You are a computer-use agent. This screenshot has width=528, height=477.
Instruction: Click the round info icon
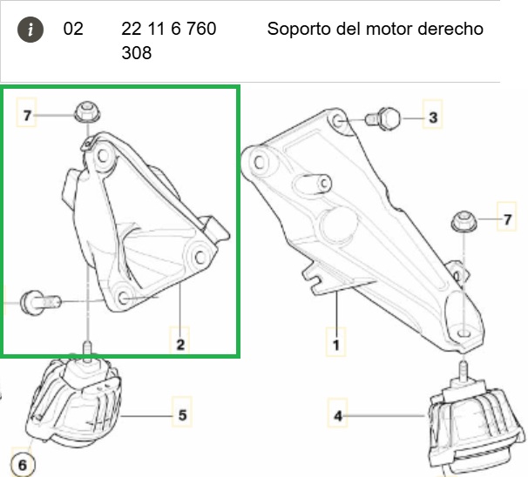[30, 30]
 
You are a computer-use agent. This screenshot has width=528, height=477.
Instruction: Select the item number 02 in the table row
[73, 29]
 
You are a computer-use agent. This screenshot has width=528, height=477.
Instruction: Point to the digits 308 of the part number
[137, 53]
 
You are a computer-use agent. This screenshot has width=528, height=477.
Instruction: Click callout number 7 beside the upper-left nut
[27, 116]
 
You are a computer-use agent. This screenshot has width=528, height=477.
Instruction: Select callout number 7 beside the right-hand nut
[507, 219]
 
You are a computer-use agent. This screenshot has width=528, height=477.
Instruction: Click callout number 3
[433, 118]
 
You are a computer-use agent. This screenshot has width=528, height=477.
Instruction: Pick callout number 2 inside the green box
[180, 345]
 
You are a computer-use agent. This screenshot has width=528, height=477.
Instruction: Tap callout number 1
[336, 345]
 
